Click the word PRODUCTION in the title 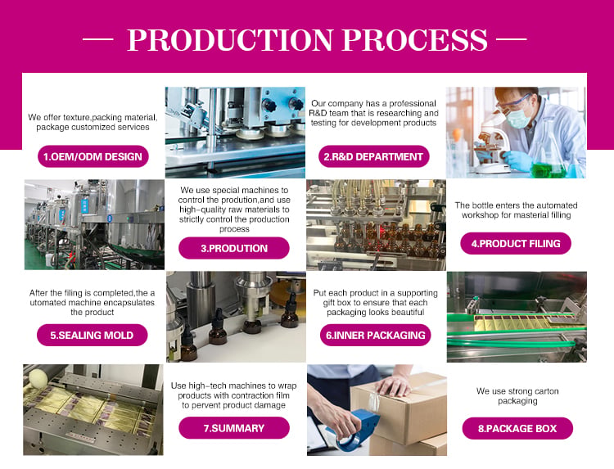point(230,39)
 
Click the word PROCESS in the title point(415,39)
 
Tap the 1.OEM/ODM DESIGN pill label point(93,156)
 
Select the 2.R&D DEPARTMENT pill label point(373,156)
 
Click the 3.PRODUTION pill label point(234,248)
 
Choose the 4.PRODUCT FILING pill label point(516,244)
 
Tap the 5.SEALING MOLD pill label point(92,335)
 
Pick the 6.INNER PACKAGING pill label point(376,335)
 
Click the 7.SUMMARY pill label point(234,428)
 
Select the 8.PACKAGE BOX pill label point(517,428)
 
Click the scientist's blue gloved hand point(517,160)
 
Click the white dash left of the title point(98,39)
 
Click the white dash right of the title point(512,39)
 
